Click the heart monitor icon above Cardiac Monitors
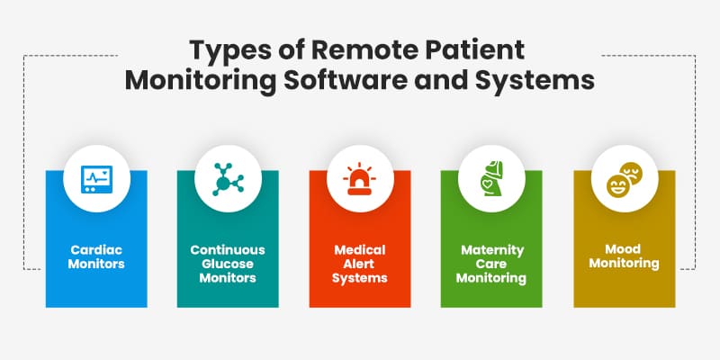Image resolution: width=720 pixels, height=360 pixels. point(96,179)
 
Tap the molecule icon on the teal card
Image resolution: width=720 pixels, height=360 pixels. point(228,179)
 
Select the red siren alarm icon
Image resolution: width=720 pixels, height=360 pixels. point(359,178)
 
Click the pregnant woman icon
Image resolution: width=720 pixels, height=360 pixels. point(490,178)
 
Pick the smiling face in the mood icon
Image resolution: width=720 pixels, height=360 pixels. point(618,185)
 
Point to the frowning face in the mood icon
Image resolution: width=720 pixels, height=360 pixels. point(632,173)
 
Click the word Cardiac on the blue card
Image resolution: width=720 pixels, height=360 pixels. point(96,250)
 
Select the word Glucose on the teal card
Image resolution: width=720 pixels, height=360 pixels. point(228,264)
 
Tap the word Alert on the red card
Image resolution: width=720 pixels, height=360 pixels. point(359,264)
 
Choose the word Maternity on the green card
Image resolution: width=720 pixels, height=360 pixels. point(492,251)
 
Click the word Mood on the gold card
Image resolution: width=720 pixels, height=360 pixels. point(624,249)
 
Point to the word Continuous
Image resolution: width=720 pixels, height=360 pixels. point(228,250)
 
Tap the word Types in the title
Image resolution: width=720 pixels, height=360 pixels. point(228,51)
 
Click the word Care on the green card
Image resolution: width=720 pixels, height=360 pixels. point(490,264)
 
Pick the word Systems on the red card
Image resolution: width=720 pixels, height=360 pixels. point(359,278)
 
